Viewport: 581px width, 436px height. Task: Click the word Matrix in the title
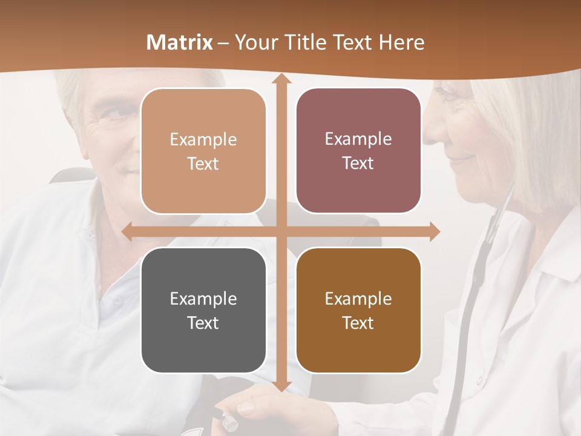(180, 42)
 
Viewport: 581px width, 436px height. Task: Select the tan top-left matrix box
(203, 151)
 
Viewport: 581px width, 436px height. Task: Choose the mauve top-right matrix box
(358, 151)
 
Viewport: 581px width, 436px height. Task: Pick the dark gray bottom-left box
(203, 310)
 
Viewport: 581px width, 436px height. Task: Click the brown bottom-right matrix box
(358, 310)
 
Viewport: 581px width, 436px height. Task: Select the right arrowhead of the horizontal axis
(434, 232)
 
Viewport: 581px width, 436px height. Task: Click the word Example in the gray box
(203, 299)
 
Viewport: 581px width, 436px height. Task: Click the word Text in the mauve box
(358, 163)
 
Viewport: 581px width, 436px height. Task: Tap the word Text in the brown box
(358, 323)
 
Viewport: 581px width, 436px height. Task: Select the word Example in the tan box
(203, 139)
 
